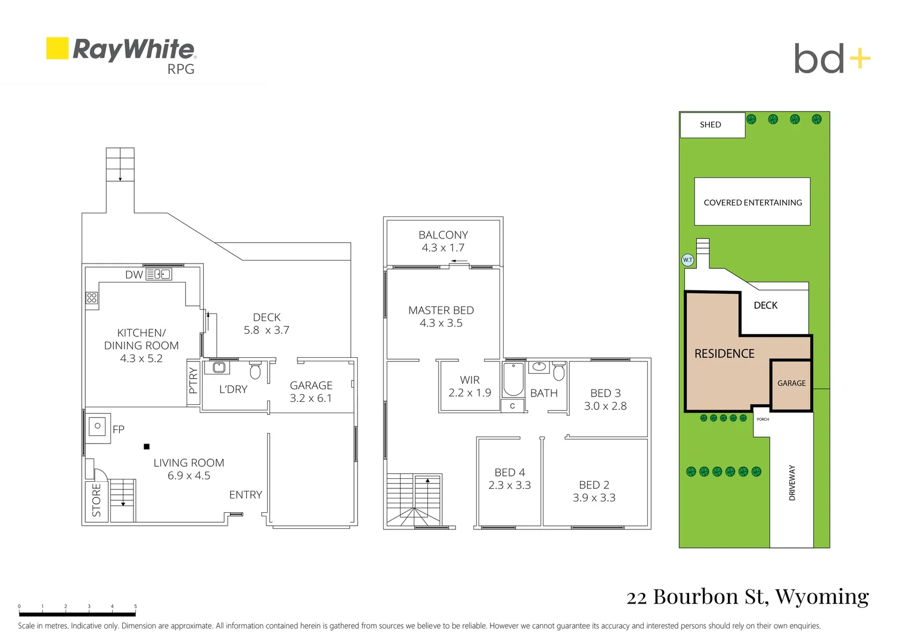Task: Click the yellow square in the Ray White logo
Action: click(57, 48)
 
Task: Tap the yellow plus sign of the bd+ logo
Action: click(859, 58)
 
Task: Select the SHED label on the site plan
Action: click(711, 125)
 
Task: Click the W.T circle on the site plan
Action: click(688, 260)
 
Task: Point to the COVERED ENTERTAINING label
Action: click(753, 203)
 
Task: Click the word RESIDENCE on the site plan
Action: click(724, 354)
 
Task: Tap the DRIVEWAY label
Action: click(792, 482)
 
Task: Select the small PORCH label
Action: click(763, 419)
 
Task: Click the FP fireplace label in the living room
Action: click(119, 429)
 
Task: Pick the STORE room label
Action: click(97, 500)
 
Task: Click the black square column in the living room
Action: click(147, 447)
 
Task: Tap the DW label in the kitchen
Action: click(134, 274)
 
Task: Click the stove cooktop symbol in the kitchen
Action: click(92, 298)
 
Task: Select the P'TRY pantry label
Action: click(193, 380)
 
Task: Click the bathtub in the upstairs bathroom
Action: click(513, 380)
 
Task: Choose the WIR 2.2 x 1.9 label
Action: click(470, 386)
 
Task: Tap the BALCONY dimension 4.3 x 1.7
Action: click(443, 247)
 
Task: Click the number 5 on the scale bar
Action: click(135, 606)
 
